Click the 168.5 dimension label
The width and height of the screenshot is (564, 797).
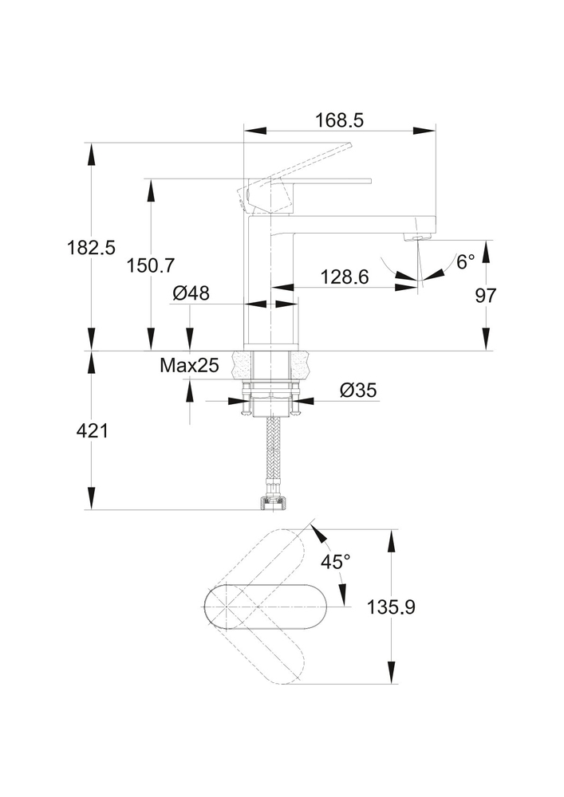tap(339, 120)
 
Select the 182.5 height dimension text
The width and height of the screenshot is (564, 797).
tap(91, 247)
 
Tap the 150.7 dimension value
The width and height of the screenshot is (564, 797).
tap(150, 265)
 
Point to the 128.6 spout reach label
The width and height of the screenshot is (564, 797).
tap(345, 277)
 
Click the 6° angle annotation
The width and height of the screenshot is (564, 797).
tap(465, 262)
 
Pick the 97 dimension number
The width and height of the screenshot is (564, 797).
tap(486, 295)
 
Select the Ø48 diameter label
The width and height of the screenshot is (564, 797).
tap(191, 293)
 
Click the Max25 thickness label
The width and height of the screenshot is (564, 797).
tap(189, 366)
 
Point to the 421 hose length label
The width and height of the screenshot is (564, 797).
tap(92, 431)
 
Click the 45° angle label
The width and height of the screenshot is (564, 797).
tap(336, 561)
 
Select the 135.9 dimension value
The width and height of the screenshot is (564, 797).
tap(391, 607)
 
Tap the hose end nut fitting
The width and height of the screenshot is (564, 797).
tap(271, 503)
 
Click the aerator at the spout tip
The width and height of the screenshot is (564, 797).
tap(416, 237)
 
